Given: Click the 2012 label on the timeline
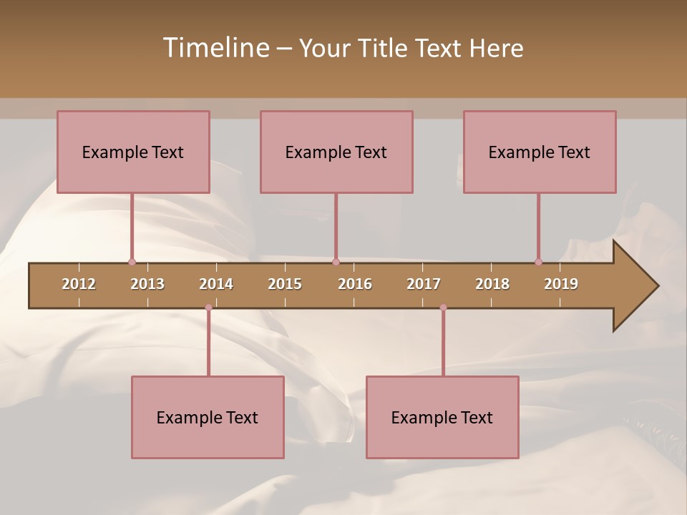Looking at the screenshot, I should click(x=79, y=284).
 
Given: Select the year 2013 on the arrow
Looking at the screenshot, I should click(x=147, y=284).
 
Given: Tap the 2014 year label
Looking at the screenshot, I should click(x=216, y=284).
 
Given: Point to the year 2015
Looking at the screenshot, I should click(x=285, y=284).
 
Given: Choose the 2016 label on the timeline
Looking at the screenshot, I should click(x=355, y=284).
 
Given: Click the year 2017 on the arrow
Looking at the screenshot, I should click(x=424, y=284).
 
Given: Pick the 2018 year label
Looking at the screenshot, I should click(x=492, y=284).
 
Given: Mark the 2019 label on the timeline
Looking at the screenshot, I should click(x=561, y=284).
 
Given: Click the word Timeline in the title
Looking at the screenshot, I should click(x=215, y=48).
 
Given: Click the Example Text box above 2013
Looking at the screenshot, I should click(x=133, y=152).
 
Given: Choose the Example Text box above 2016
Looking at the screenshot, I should click(x=336, y=152).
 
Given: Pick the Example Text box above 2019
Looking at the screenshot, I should click(x=540, y=152).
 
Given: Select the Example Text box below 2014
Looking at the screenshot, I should click(x=208, y=417).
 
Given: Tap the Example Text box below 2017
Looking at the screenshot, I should click(x=442, y=417).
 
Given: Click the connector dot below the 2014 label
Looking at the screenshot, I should click(x=208, y=308).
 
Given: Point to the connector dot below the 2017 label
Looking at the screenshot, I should click(x=443, y=308).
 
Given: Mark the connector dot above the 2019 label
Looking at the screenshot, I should click(x=538, y=262).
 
